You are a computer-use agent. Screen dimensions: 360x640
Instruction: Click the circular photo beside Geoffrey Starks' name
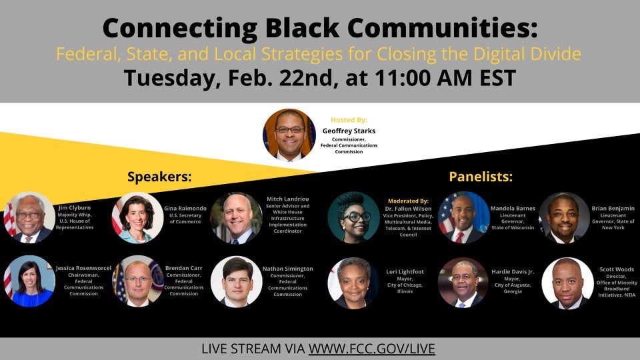click(289, 135)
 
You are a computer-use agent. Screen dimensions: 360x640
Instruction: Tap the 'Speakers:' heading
click(159, 177)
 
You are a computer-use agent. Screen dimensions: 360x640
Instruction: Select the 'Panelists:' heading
click(481, 177)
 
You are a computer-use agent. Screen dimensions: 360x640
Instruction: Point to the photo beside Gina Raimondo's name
click(137, 217)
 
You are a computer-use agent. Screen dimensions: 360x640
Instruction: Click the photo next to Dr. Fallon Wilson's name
click(353, 217)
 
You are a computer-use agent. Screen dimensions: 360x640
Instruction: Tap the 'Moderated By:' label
click(408, 200)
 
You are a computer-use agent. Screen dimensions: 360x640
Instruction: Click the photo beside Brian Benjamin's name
click(564, 217)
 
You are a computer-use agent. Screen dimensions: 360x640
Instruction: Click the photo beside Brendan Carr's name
click(137, 281)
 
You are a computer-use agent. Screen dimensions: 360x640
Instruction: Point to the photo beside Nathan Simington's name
click(236, 281)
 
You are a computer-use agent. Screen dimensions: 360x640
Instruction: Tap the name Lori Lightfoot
click(405, 272)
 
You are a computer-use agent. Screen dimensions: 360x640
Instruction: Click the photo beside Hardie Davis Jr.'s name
click(463, 282)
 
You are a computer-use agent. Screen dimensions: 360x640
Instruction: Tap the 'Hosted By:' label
click(349, 120)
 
